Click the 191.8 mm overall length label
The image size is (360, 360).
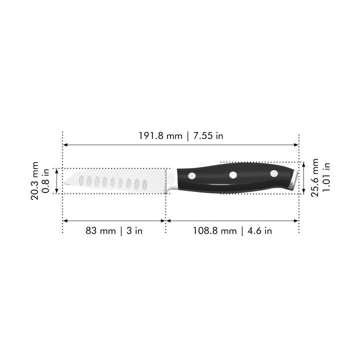click(x=160, y=136)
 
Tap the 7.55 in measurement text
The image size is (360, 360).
click(x=208, y=136)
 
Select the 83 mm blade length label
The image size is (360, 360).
click(x=100, y=230)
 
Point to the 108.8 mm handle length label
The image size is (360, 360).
click(x=214, y=230)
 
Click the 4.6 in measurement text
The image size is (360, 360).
click(x=259, y=230)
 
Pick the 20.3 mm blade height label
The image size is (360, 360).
click(x=34, y=180)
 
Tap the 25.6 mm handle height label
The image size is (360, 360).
click(x=315, y=177)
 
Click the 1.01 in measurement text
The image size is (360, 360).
click(x=326, y=177)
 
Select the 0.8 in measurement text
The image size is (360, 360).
click(x=45, y=181)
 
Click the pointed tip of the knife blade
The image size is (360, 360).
click(x=64, y=183)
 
